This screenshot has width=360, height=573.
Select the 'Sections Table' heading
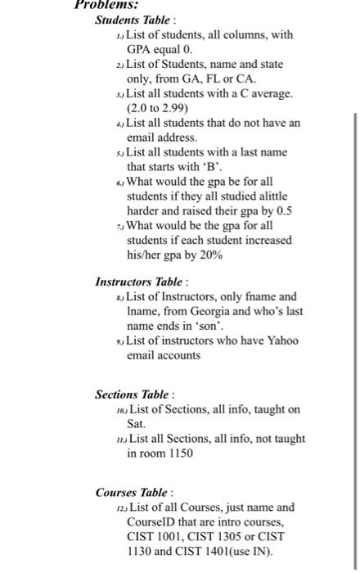pyautogui.click(x=133, y=394)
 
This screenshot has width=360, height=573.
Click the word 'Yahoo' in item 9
pyautogui.click(x=280, y=340)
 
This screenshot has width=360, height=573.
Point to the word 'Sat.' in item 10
pyautogui.click(x=136, y=424)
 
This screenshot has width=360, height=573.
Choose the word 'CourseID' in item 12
pyautogui.click(x=149, y=523)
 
